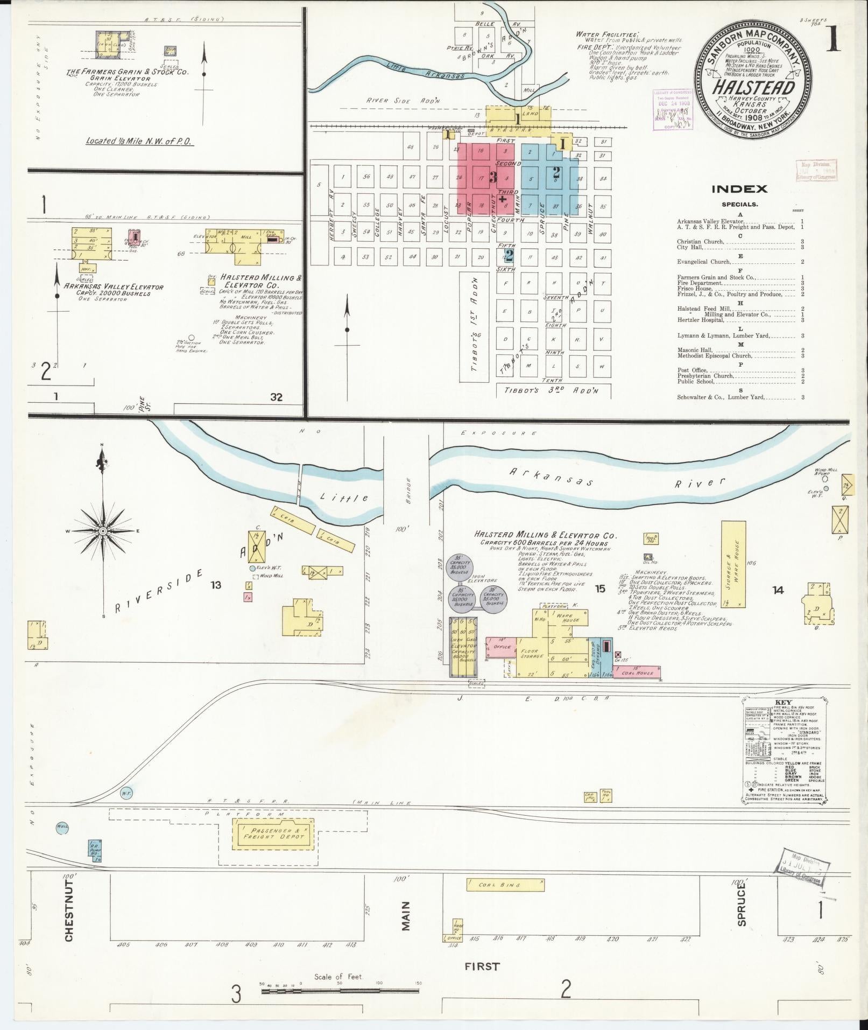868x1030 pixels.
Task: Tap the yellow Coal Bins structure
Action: click(x=505, y=885)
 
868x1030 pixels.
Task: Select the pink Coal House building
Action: click(x=639, y=672)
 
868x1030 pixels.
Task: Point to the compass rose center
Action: click(x=101, y=531)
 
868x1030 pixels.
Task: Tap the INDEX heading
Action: click(x=739, y=189)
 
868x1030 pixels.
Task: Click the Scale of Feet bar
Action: click(x=340, y=990)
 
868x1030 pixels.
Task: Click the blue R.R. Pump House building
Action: click(x=95, y=848)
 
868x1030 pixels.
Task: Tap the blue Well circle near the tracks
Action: click(x=62, y=828)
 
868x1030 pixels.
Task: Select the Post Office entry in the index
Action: click(x=692, y=370)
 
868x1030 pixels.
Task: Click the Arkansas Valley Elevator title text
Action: click(x=114, y=287)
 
